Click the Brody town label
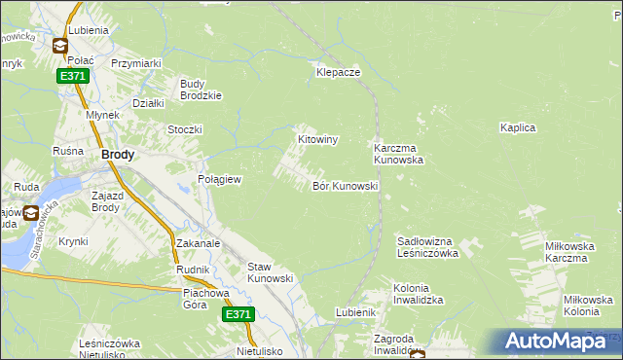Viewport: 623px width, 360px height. pos(118,154)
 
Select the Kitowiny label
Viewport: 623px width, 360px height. pos(316,140)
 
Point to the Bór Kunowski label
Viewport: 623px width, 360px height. pos(345,185)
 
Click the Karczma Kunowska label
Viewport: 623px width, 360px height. pos(399,154)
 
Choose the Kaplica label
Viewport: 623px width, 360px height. pos(518,127)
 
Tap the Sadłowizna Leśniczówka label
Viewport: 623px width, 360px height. pos(428,246)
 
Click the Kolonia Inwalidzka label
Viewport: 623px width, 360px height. pos(419,294)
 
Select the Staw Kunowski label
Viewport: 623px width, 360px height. pos(271,272)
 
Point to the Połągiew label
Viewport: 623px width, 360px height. pos(219,180)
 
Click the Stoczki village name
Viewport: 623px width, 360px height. pos(184,129)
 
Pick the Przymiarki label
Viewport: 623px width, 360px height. pos(135,63)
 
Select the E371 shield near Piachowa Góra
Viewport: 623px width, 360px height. pos(238,314)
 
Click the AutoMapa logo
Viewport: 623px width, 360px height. pos(556,341)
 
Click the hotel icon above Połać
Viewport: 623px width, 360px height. pos(59,45)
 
